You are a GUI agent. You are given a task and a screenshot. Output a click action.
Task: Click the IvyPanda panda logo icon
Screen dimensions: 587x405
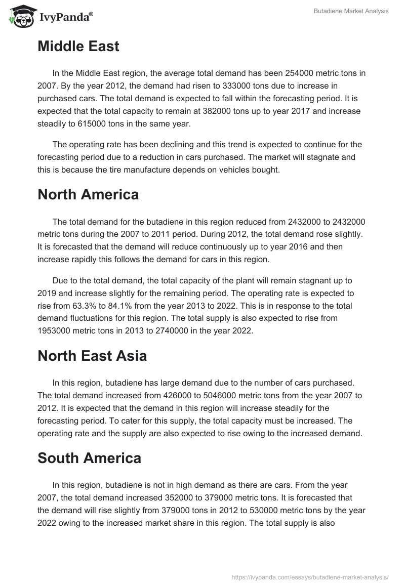pyautogui.click(x=21, y=17)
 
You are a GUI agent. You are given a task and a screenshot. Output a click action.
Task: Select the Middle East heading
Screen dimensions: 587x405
pyautogui.click(x=78, y=47)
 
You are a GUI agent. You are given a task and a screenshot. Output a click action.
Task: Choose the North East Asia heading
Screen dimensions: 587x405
pyautogui.click(x=92, y=356)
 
